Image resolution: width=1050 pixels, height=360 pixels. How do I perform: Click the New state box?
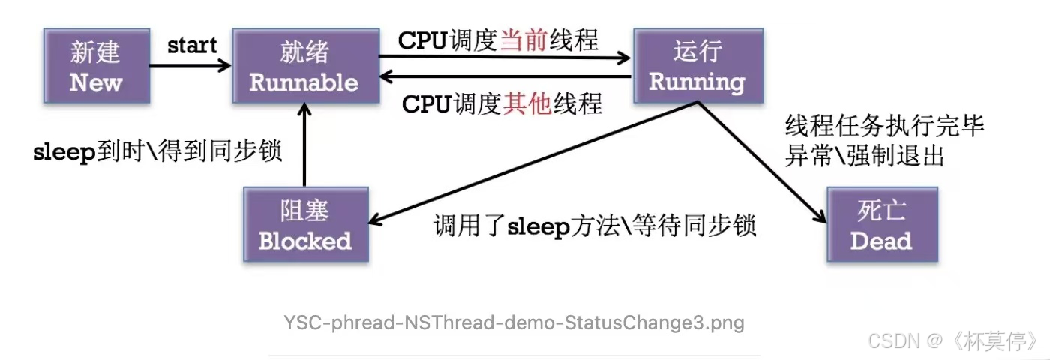95,67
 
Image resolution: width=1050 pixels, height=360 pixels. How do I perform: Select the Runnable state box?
304,67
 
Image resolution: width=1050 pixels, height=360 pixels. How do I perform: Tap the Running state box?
697,67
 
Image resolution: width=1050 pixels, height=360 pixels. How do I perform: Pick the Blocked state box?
305,225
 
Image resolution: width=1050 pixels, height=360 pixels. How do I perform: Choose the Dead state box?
881,225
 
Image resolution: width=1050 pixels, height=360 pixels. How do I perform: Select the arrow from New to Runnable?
190,66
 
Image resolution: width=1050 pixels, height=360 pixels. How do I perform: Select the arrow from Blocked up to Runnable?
304,146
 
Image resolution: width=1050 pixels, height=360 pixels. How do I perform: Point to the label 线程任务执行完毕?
884,125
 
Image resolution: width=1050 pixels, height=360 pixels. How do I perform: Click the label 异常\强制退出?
864,155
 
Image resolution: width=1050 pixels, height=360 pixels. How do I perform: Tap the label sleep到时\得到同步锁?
157,151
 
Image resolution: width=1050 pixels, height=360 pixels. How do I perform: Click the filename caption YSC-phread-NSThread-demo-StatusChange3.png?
514,323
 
